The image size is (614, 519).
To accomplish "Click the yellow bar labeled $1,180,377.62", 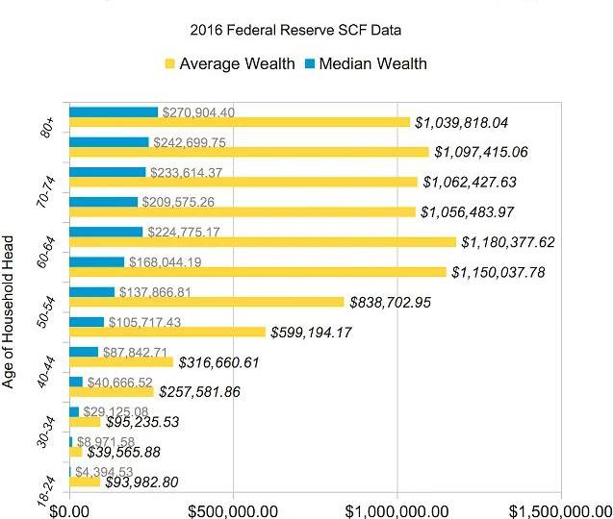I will point(262,242).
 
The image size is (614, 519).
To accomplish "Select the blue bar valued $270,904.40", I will point(113,111).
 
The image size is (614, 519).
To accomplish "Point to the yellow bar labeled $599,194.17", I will point(166,332).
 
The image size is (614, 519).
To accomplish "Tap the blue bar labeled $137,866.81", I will point(91,291).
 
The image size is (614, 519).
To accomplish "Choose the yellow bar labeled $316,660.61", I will point(120,362).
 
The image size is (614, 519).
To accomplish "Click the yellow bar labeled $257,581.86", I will point(111,392).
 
